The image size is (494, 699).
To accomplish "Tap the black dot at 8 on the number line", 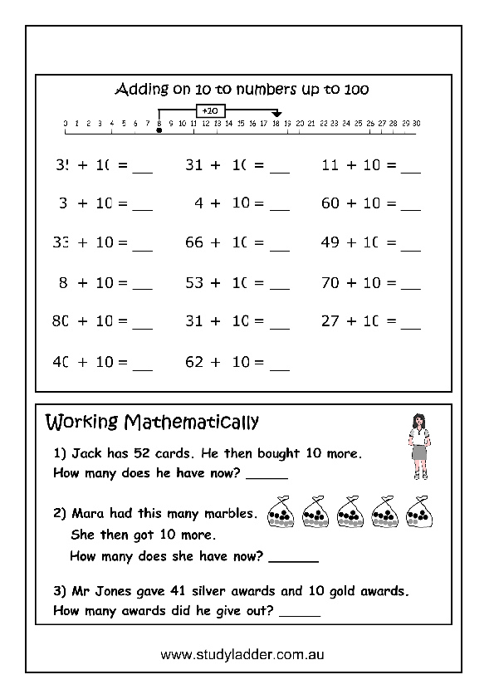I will pyautogui.click(x=159, y=130).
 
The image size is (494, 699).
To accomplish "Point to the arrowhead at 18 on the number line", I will pyautogui.click(x=277, y=115).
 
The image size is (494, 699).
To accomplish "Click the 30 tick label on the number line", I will pyautogui.click(x=416, y=123).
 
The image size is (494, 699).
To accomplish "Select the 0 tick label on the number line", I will pyautogui.click(x=65, y=123).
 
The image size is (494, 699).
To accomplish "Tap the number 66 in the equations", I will pyautogui.click(x=194, y=243).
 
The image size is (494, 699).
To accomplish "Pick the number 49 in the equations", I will pyautogui.click(x=330, y=243).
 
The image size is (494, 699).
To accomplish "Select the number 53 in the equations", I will pyautogui.click(x=194, y=283).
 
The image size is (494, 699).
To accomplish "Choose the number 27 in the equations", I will pyautogui.click(x=330, y=322).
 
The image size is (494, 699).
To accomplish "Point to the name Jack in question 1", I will pyautogui.click(x=86, y=454).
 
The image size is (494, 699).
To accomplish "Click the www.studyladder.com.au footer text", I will pyautogui.click(x=242, y=655).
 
